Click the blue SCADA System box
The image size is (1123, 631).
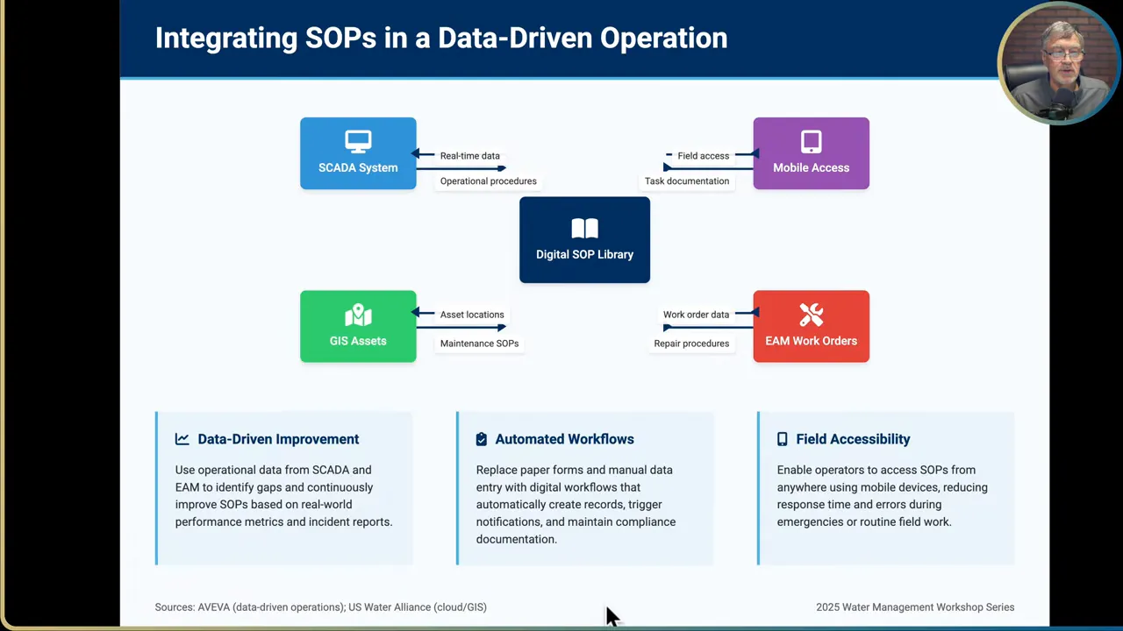click(358, 153)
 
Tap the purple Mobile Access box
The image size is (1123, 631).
click(811, 153)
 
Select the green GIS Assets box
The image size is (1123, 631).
click(358, 326)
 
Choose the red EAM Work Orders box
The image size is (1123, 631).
click(811, 326)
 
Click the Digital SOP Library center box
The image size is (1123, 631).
click(584, 240)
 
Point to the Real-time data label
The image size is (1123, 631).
click(469, 156)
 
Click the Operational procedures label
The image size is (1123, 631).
click(488, 181)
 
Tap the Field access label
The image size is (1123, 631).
click(703, 156)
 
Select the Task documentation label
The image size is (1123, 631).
click(686, 181)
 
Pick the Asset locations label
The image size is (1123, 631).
click(472, 315)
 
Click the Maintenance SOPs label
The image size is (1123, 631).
click(479, 344)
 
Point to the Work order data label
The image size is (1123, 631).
click(696, 315)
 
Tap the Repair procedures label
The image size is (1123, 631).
click(691, 344)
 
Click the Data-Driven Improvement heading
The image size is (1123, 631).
click(278, 439)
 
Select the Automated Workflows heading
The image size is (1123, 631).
click(564, 439)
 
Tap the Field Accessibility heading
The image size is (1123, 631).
click(853, 439)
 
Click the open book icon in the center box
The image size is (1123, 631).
click(584, 229)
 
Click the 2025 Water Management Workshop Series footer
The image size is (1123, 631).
click(915, 607)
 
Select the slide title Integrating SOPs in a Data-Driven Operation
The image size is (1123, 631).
click(441, 38)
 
